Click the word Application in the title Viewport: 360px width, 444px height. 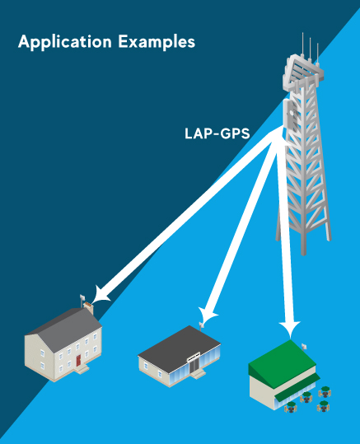click(x=65, y=42)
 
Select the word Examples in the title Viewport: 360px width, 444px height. click(x=157, y=41)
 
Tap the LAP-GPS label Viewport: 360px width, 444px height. click(x=217, y=133)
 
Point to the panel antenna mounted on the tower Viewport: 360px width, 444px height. click(x=290, y=115)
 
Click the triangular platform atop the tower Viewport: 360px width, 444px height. click(x=304, y=72)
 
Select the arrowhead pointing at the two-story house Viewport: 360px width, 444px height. click(x=100, y=296)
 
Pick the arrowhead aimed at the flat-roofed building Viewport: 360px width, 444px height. click(x=207, y=315)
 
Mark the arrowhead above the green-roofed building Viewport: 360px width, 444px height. click(x=289, y=329)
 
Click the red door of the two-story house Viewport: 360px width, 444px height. click(x=78, y=361)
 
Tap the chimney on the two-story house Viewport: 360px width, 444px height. click(x=89, y=307)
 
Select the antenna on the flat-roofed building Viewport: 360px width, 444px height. click(x=201, y=326)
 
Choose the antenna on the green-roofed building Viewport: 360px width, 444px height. click(x=304, y=347)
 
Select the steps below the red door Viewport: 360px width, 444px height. click(x=82, y=369)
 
